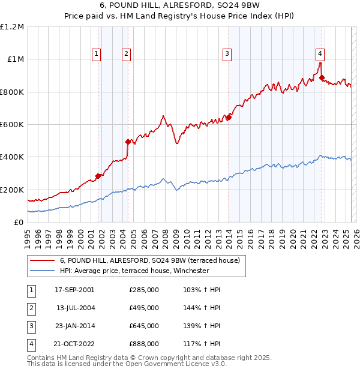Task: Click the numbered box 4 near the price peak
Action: (320, 53)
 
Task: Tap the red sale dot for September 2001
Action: (98, 176)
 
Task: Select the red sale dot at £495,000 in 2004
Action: (128, 142)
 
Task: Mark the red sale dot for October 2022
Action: (322, 77)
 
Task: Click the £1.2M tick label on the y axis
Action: (12, 27)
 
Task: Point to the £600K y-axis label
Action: (12, 125)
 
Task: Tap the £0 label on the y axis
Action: (19, 222)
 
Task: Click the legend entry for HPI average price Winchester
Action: (134, 271)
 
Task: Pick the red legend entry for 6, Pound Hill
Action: (150, 260)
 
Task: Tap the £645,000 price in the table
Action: (144, 326)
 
